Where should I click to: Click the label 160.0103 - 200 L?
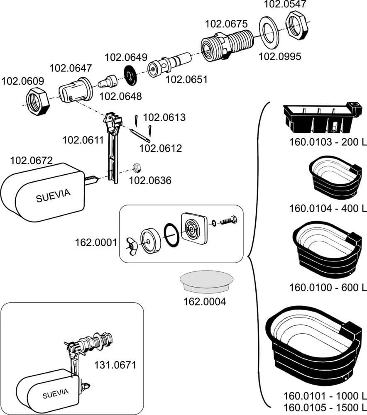coord(328,142)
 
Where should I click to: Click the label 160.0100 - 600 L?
coord(328,286)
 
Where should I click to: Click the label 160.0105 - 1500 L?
coord(325,405)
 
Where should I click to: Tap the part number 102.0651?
coord(186,79)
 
